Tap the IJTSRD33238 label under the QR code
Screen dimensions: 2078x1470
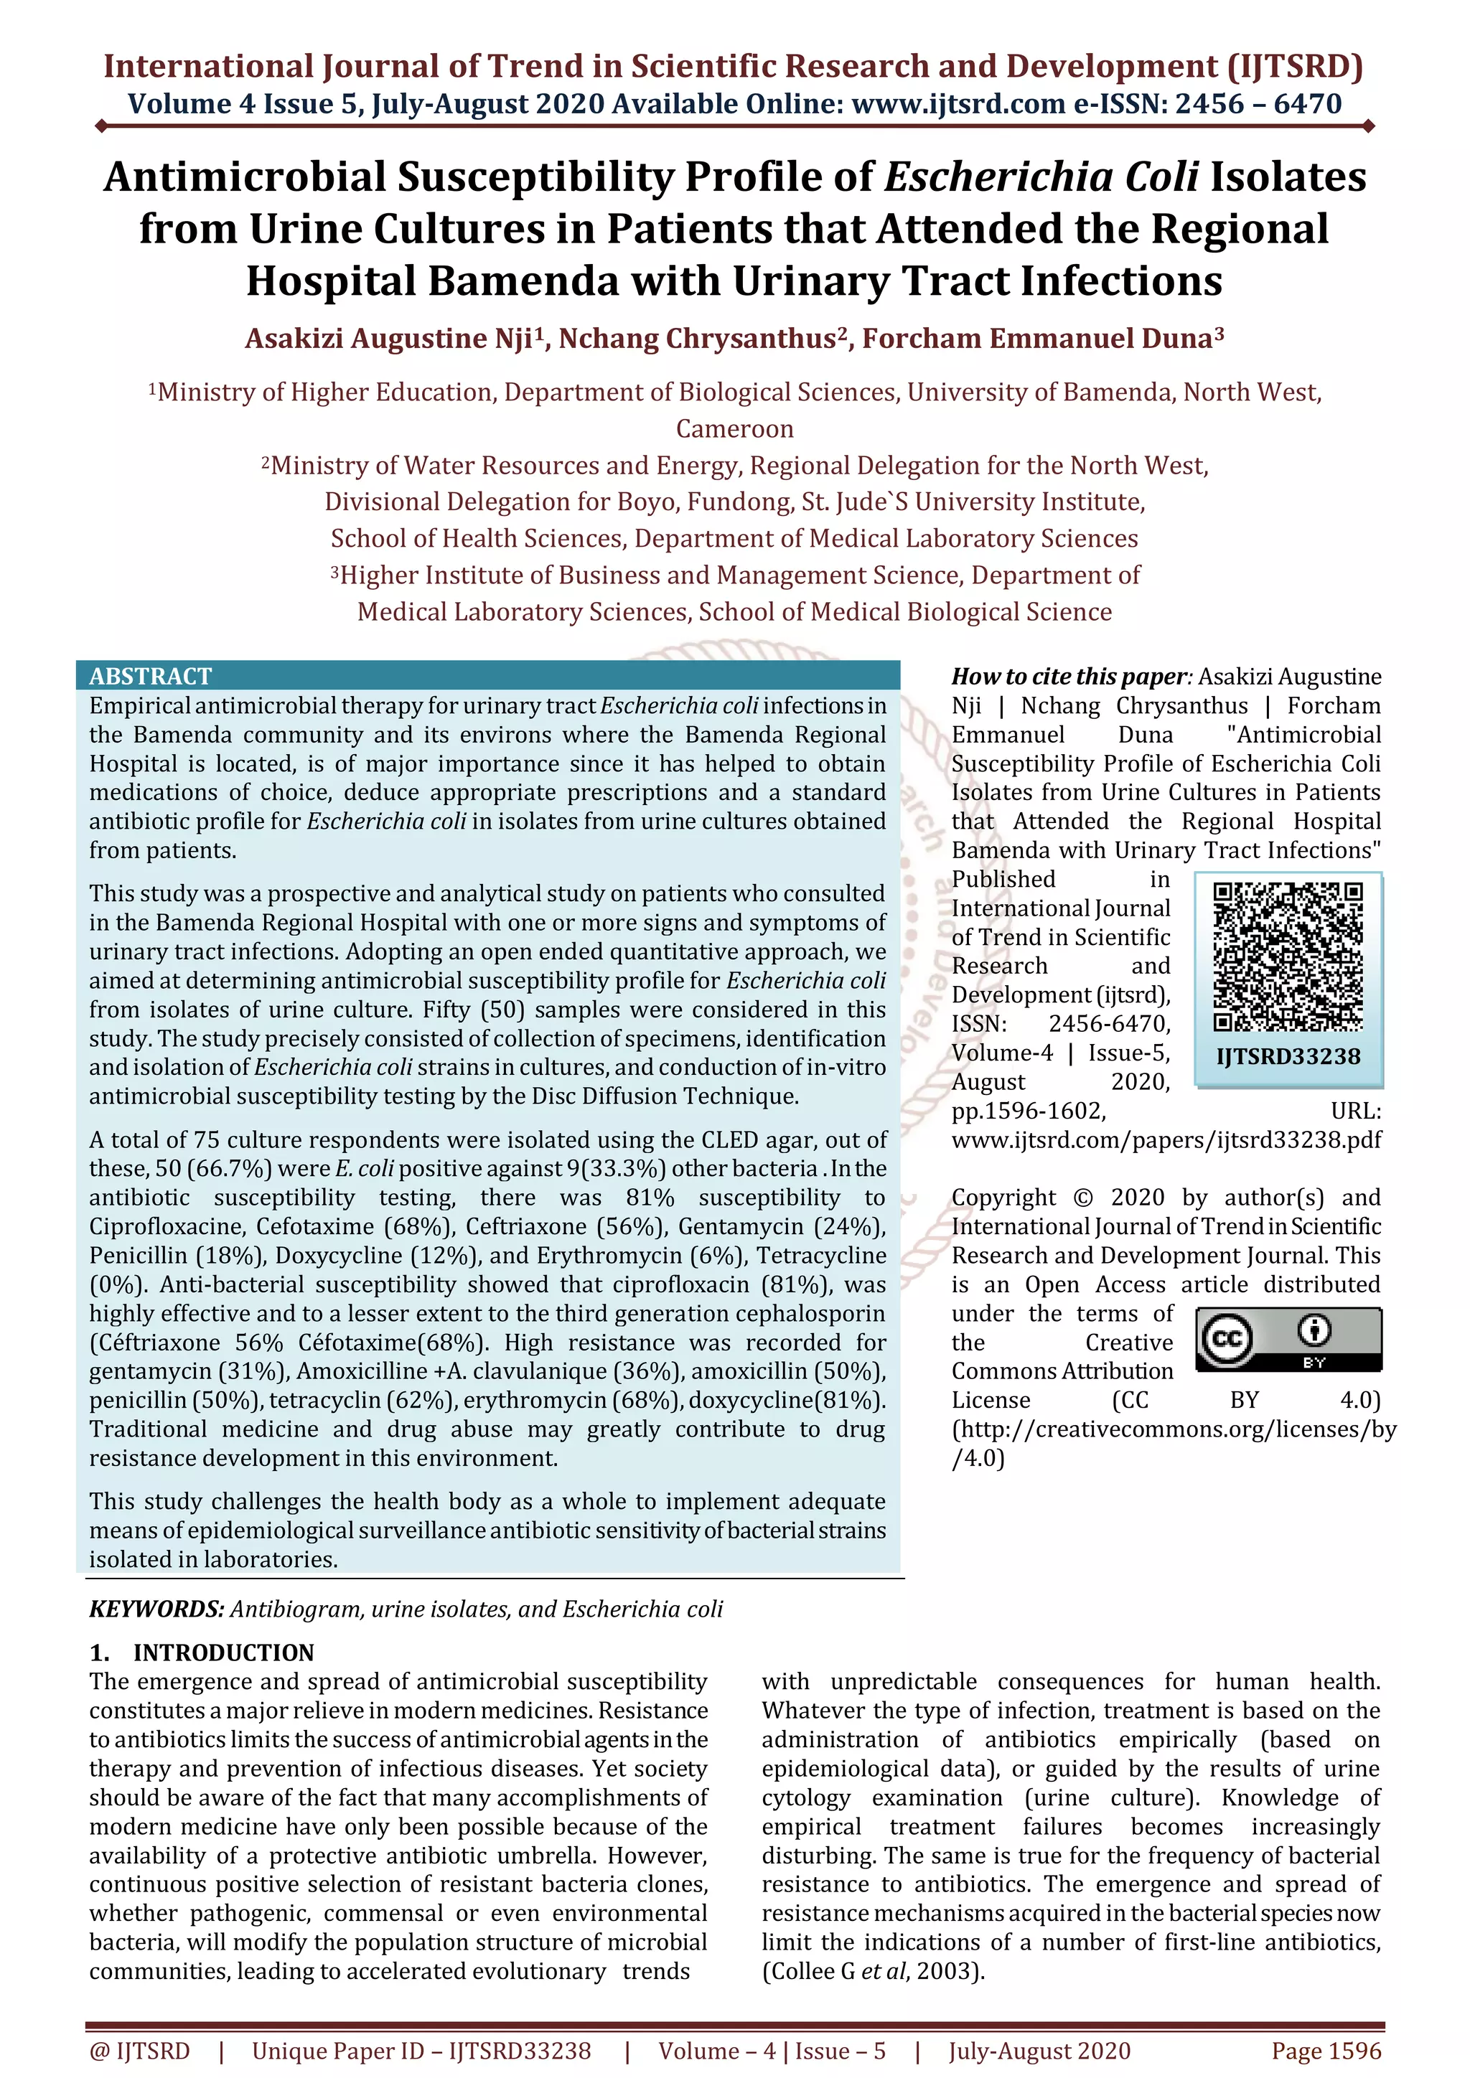[1288, 1056]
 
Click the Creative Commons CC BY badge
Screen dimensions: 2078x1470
[1288, 1338]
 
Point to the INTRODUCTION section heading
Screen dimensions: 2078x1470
[223, 1652]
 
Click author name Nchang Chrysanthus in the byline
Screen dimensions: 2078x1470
[696, 339]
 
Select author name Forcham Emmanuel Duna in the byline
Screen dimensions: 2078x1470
[1036, 339]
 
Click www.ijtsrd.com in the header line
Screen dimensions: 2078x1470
[958, 104]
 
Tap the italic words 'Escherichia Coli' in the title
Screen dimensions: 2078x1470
[1041, 177]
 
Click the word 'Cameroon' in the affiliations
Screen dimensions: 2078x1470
[734, 428]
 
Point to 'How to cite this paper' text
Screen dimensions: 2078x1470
[1068, 676]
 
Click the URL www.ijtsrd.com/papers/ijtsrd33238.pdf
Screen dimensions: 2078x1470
[1166, 1139]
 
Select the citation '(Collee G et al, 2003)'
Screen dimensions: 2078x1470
[873, 1970]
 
